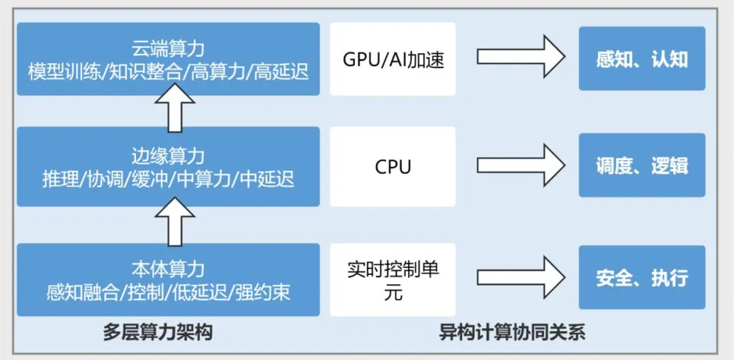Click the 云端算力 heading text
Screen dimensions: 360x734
168,50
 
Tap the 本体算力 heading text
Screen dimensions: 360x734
168,269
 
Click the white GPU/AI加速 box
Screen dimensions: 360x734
393,59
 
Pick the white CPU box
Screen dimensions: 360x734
393,167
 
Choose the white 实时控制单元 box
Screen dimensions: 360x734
393,280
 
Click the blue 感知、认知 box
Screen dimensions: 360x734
642,58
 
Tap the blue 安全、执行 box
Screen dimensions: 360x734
642,277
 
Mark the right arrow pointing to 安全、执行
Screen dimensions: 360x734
519,278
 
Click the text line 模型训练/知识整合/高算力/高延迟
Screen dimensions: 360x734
168,72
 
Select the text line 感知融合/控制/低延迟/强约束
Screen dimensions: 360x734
168,292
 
